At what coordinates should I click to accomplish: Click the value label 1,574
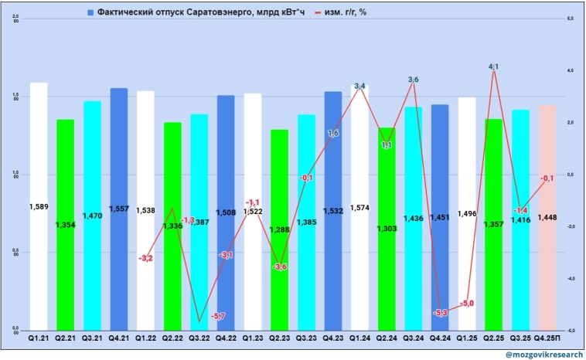tap(359, 208)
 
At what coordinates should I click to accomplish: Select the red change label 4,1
tap(493, 67)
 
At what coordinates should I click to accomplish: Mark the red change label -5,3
tap(441, 313)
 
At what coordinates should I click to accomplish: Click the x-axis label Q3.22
tap(199, 338)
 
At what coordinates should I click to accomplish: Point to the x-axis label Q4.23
tap(332, 338)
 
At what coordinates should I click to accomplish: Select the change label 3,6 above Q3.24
tap(413, 80)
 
